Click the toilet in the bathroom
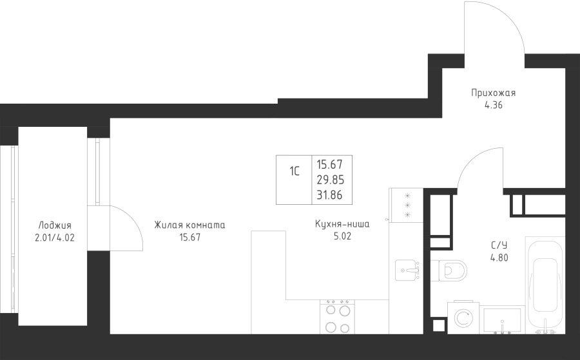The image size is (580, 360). pyautogui.click(x=449, y=271)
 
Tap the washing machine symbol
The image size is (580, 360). pyautogui.click(x=463, y=318)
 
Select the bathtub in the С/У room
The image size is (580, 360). pyautogui.click(x=545, y=285)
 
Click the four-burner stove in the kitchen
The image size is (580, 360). pyautogui.click(x=337, y=317)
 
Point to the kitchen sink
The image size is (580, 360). pyautogui.click(x=407, y=270)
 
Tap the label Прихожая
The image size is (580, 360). pyautogui.click(x=493, y=93)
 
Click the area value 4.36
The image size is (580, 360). pyautogui.click(x=494, y=105)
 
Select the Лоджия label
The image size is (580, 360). pyautogui.click(x=55, y=225)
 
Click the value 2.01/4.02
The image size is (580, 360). pyautogui.click(x=55, y=238)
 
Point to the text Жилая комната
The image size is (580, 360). pyautogui.click(x=189, y=225)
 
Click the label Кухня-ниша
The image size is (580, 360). pyautogui.click(x=342, y=224)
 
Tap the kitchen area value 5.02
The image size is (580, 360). pyautogui.click(x=342, y=236)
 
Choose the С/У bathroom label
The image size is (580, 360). pyautogui.click(x=499, y=245)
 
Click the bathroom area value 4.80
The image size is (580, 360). pyautogui.click(x=499, y=258)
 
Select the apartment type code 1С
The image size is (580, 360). pyautogui.click(x=295, y=171)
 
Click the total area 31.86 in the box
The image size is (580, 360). pyautogui.click(x=329, y=194)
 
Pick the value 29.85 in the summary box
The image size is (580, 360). pyautogui.click(x=331, y=180)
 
